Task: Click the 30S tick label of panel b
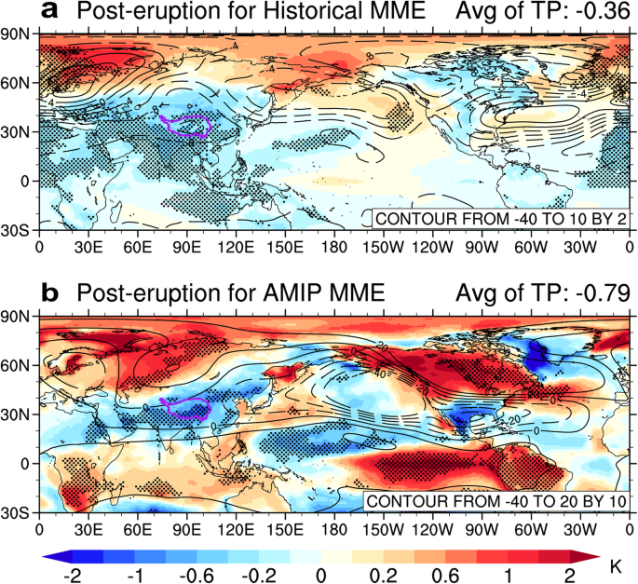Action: [17, 513]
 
